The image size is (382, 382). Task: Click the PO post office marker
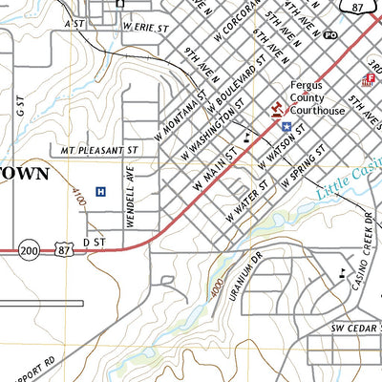pyautogui.click(x=331, y=34)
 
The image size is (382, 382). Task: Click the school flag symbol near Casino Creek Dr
pyautogui.click(x=342, y=274)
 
